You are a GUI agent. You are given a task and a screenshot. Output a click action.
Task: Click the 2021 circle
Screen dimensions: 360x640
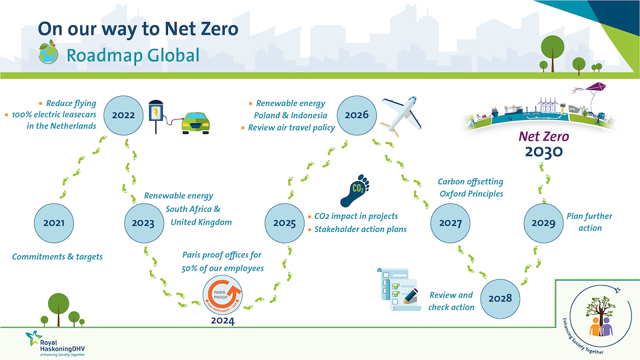tap(54, 223)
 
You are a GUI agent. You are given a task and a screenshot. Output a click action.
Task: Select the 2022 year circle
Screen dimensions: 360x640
tap(123, 115)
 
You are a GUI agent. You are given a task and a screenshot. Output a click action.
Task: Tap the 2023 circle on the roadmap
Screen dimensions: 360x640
tap(143, 223)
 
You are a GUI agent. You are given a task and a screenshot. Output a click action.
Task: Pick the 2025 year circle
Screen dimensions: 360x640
tap(285, 223)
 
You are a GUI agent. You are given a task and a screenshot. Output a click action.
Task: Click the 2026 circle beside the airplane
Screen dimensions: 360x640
tap(357, 115)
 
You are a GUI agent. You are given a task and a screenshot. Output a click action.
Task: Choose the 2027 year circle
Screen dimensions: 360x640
tap(451, 223)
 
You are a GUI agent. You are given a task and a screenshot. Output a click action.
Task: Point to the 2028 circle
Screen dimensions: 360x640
tap(500, 298)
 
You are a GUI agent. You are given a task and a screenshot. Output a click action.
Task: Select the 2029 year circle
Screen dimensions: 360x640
tap(544, 223)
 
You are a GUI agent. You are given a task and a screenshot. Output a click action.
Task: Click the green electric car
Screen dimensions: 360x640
tap(196, 123)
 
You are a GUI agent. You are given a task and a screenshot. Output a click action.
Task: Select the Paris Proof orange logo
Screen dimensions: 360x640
tap(223, 295)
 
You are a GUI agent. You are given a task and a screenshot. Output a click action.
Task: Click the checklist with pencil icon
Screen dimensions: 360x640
tap(397, 288)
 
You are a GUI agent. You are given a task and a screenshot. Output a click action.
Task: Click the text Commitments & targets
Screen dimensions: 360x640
tap(57, 256)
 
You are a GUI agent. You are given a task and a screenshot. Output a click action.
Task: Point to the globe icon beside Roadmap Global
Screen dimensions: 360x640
tap(47, 54)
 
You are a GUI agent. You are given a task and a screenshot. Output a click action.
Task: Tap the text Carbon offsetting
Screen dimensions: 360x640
tap(470, 181)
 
